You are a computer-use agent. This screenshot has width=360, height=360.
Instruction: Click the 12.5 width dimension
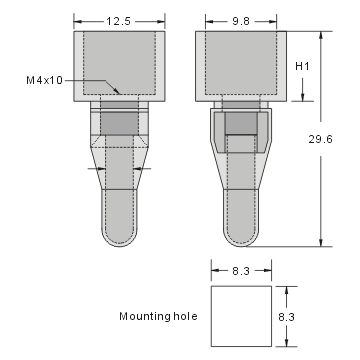coord(119,20)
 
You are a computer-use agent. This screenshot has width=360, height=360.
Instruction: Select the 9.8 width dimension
coord(242,20)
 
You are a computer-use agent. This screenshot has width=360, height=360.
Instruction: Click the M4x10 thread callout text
coord(42,79)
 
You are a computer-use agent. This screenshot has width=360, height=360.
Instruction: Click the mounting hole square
coord(241,316)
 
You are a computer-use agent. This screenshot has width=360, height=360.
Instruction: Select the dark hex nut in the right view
coord(241,124)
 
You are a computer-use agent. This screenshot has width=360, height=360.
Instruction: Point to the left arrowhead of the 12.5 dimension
coord(79,20)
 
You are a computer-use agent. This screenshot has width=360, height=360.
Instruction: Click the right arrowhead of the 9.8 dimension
coord(273,20)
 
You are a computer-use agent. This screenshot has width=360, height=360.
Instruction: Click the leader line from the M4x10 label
coord(82,80)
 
